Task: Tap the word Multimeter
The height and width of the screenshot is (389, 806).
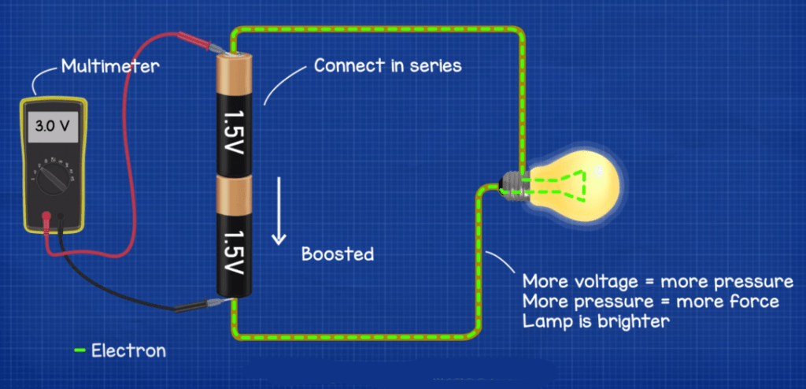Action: [110, 66]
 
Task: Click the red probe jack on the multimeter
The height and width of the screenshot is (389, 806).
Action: [46, 215]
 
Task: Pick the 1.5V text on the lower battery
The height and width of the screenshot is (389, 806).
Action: [234, 251]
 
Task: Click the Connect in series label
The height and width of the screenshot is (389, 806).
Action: [387, 65]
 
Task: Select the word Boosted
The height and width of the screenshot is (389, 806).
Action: [338, 254]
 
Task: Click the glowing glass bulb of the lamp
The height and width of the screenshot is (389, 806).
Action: [579, 184]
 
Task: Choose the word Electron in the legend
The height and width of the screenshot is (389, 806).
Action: [128, 350]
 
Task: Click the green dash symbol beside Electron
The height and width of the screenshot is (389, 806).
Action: [79, 350]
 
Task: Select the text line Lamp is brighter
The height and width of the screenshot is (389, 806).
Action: [596, 321]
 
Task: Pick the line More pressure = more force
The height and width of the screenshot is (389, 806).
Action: [650, 302]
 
